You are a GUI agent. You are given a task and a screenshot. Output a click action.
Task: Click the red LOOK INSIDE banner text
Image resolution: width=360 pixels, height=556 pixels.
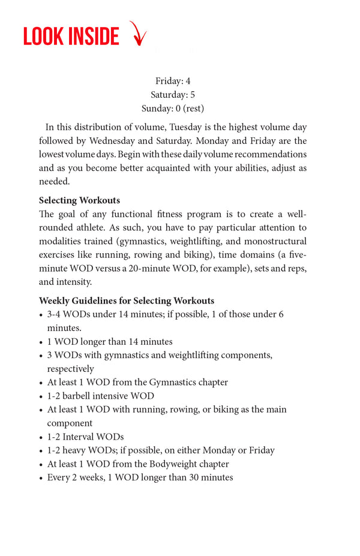pos(71,37)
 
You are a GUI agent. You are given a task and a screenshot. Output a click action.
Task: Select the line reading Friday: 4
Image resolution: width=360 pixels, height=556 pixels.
pos(173,81)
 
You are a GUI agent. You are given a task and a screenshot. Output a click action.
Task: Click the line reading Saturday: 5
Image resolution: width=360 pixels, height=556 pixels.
pos(173,95)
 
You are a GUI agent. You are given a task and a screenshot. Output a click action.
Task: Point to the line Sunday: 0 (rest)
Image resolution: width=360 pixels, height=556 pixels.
pos(173,109)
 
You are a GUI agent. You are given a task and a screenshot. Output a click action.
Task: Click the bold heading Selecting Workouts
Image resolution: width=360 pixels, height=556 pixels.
pos(79,200)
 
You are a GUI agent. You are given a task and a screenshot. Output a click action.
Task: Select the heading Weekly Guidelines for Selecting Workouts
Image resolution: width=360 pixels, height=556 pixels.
pos(127,300)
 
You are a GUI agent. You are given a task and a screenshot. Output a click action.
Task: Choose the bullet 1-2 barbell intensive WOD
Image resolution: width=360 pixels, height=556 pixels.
pos(101,396)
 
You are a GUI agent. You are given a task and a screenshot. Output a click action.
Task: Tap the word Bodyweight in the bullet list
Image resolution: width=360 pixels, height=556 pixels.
pos(172,464)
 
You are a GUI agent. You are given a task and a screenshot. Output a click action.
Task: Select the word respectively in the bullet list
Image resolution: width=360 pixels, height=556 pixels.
pos(71,369)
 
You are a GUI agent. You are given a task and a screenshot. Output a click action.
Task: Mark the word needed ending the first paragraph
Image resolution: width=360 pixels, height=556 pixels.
pos(55,182)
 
